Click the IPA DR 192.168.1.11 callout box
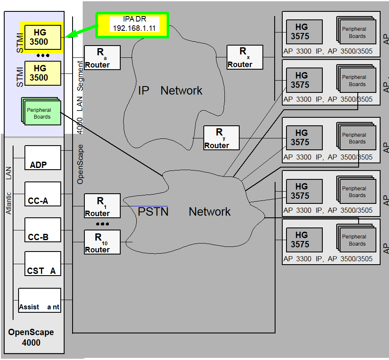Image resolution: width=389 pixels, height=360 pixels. coord(132,25)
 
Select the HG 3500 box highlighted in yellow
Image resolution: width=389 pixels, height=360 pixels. coord(43,37)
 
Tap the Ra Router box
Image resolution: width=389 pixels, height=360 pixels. coord(102,57)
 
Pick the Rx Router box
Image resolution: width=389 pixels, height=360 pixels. coord(245,57)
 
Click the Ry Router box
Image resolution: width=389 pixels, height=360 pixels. coord(222,138)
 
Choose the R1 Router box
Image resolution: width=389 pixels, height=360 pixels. coord(102,206)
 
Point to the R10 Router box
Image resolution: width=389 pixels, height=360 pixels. coord(102,242)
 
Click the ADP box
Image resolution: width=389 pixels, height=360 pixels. coord(43,157)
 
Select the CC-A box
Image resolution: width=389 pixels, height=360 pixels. coord(43,194)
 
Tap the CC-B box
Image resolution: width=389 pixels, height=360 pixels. coord(43,230)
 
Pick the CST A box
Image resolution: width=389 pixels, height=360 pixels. coord(43,263)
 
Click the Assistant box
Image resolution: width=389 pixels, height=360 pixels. coord(39,300)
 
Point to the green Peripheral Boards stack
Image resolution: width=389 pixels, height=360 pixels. coord(41,111)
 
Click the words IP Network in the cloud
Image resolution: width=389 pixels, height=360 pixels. coord(170,91)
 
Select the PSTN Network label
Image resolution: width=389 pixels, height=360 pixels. coord(184,211)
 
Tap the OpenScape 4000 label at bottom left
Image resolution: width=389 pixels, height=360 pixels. coord(31,337)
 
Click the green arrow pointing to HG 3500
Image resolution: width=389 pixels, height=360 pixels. coord(81,31)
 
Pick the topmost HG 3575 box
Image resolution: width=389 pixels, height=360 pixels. coord(304,32)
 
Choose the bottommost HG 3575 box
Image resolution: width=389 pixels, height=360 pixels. coord(304,240)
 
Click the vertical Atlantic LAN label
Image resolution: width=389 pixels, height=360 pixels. coord(9,190)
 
